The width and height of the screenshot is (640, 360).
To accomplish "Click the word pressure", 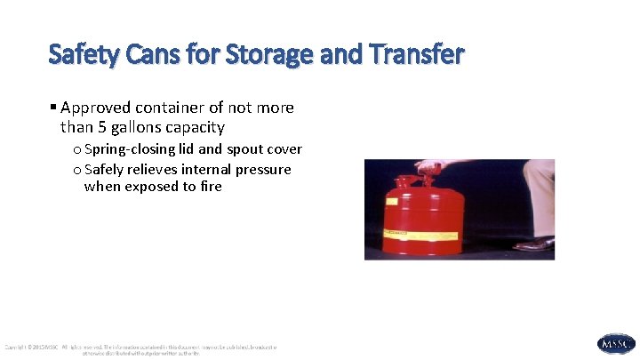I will [x=262, y=169].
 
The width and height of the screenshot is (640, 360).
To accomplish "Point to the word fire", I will [x=211, y=187].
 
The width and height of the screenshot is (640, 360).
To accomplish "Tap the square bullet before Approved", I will [x=53, y=108].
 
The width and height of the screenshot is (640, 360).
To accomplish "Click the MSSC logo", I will [x=616, y=344].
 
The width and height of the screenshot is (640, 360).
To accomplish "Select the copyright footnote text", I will [x=142, y=348].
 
